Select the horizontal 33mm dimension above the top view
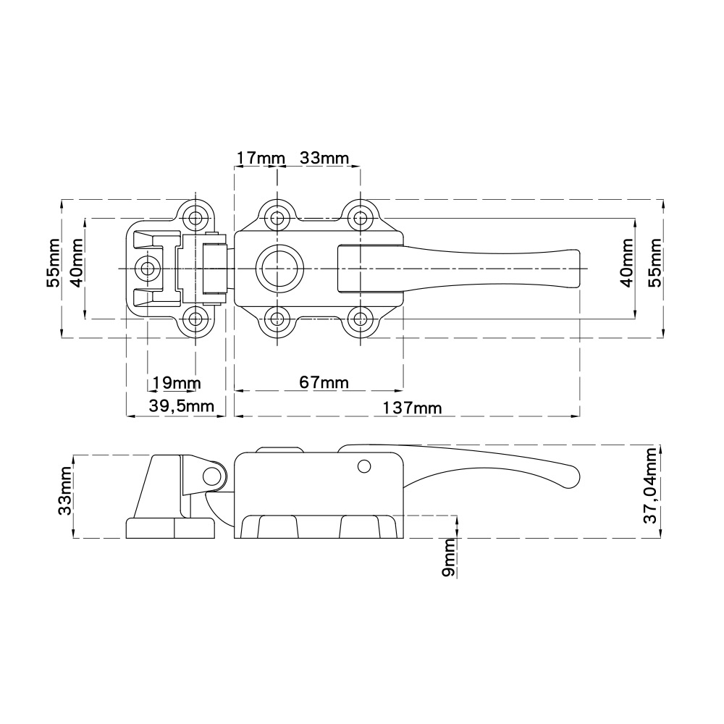(x=324, y=158)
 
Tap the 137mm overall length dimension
(x=413, y=408)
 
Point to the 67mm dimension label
(x=324, y=382)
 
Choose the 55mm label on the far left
(x=53, y=264)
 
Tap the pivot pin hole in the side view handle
(x=364, y=466)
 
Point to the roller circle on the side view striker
(x=211, y=475)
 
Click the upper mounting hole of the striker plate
(x=194, y=216)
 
